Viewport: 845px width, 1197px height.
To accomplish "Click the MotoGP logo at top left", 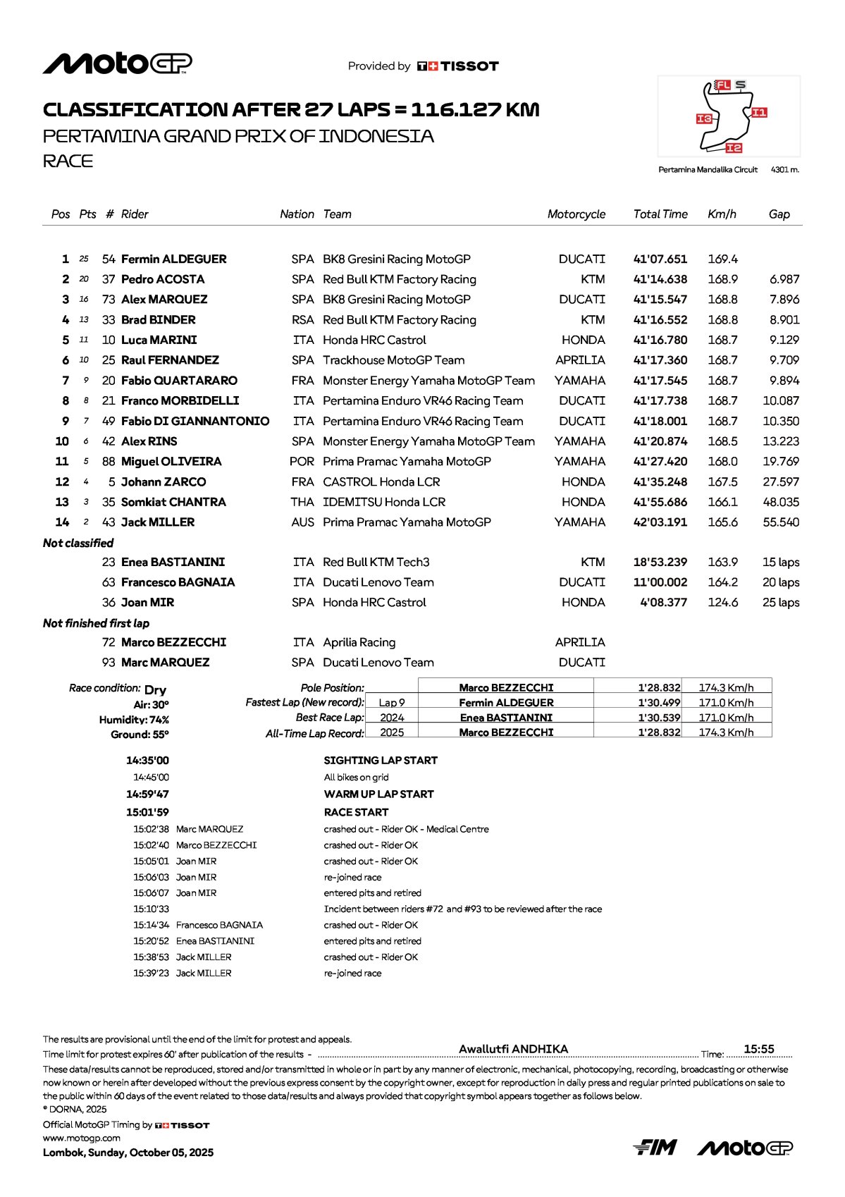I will tap(117, 63).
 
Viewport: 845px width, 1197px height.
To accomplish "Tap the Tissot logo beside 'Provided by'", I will tap(458, 66).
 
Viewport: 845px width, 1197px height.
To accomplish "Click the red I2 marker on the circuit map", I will tap(734, 147).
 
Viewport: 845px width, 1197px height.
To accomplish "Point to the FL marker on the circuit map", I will tap(722, 85).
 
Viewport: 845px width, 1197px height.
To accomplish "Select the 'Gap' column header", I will tap(779, 214).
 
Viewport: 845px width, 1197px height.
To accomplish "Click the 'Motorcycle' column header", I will tap(576, 214).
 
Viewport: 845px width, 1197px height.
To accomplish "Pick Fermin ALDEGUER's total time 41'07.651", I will tap(660, 259).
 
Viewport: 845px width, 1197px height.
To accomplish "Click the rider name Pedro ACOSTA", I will tap(163, 279).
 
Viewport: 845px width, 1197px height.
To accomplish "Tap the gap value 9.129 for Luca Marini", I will tap(784, 340).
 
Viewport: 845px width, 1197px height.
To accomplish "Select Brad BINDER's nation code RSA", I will tap(302, 320).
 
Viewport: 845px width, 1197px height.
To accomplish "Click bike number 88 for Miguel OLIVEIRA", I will tap(109, 462).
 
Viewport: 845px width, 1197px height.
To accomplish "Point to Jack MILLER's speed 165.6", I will tap(722, 522).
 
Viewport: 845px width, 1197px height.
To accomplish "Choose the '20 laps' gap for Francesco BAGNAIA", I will tap(780, 582).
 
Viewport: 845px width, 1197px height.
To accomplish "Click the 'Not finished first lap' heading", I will tap(96, 623).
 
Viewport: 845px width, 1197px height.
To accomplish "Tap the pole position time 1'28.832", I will tap(659, 687).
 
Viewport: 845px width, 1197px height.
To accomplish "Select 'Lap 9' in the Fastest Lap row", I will tap(392, 703).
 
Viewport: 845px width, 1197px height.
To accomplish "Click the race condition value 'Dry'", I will tap(155, 689).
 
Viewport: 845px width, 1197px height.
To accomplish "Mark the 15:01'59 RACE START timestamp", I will tap(147, 812).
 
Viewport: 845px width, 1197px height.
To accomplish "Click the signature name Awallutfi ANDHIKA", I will tap(513, 1049).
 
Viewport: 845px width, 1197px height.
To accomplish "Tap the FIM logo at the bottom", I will tap(655, 1148).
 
